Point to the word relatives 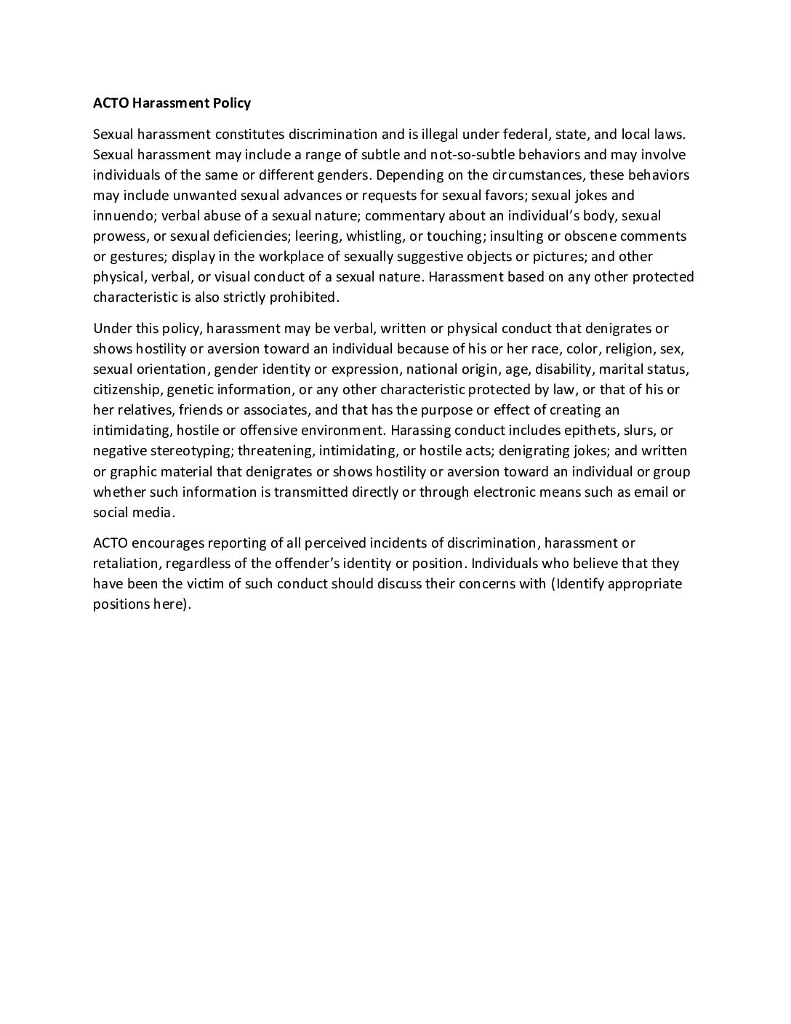click(x=143, y=409)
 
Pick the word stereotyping click(x=188, y=450)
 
